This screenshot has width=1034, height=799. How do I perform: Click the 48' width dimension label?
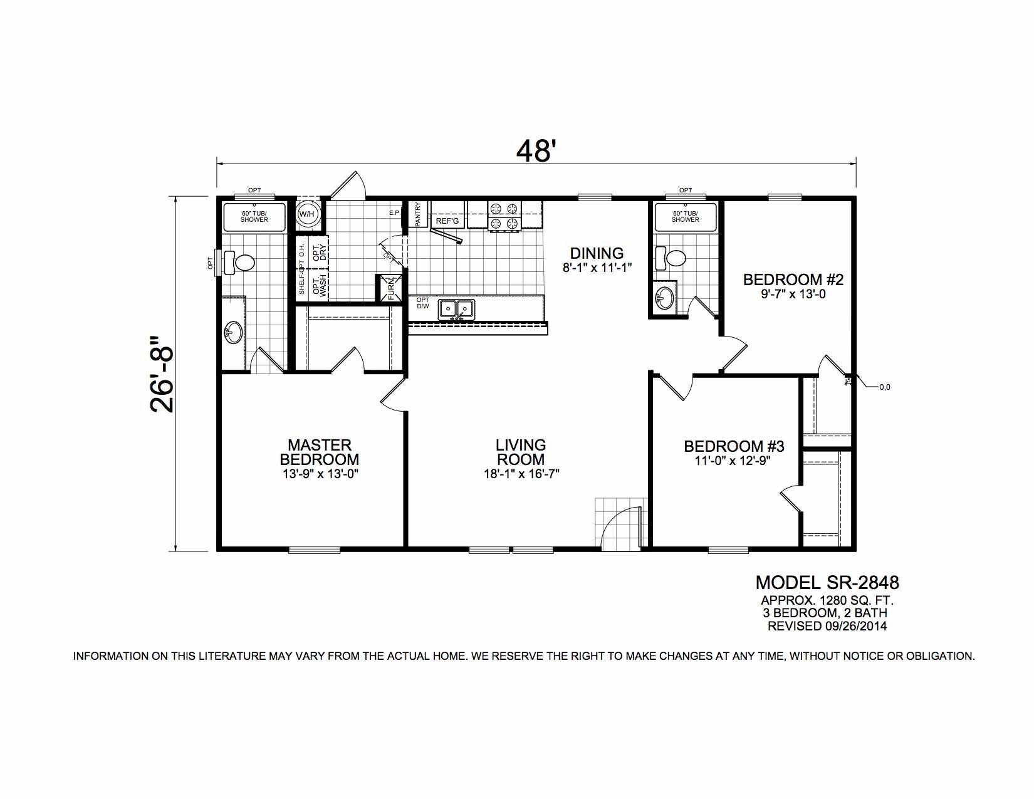tap(536, 151)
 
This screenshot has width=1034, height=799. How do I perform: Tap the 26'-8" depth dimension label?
tap(163, 374)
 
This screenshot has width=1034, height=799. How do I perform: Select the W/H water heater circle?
tap(307, 214)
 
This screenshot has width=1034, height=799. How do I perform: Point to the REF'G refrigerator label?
tap(447, 221)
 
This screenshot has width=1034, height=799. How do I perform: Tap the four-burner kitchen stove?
tap(504, 216)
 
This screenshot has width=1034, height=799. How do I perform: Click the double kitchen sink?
tap(456, 309)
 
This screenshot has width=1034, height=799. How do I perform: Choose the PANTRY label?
tap(418, 214)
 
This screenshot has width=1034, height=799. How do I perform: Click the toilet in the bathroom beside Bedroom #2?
tap(671, 258)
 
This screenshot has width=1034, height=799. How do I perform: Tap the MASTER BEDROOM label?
tap(320, 452)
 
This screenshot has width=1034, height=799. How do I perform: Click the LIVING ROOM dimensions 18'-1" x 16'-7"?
tap(521, 474)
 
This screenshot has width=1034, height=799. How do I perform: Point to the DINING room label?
tap(597, 253)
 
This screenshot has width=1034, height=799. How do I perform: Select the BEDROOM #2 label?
tap(793, 279)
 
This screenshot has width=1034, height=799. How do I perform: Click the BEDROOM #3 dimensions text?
tap(733, 461)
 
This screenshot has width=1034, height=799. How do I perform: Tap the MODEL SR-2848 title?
tap(827, 582)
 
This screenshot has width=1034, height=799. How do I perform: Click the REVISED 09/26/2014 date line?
tap(827, 626)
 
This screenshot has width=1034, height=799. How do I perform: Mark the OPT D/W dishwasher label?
tap(422, 303)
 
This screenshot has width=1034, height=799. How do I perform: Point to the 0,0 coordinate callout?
tap(885, 387)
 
